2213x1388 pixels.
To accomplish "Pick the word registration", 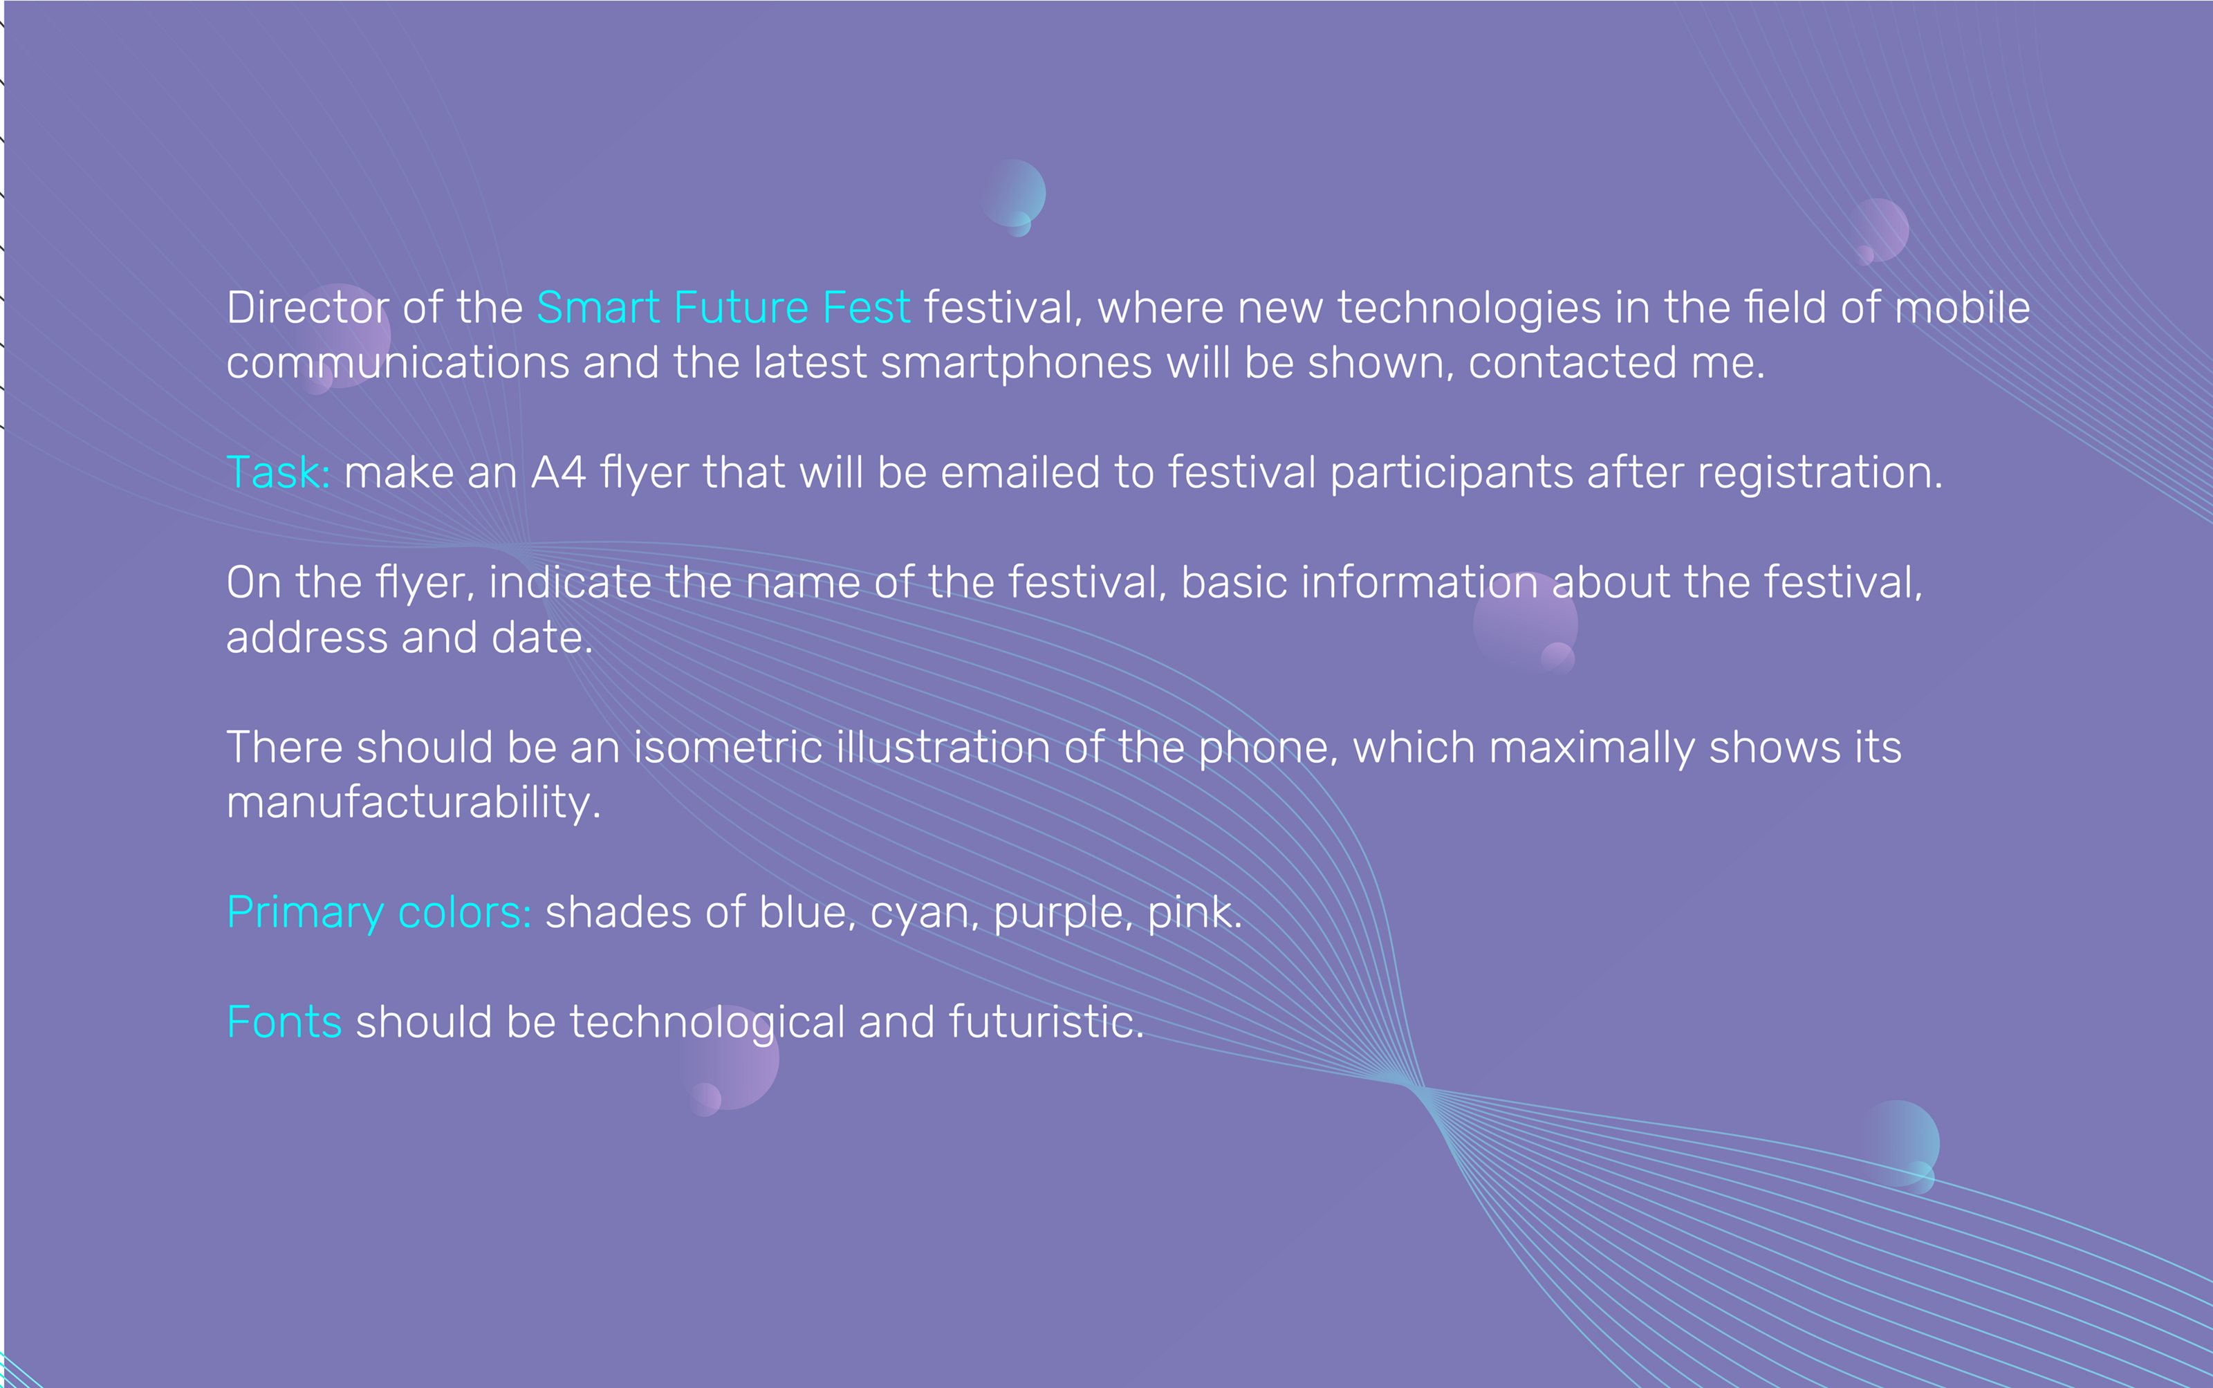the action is coord(1820,474).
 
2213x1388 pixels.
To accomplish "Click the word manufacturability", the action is coord(413,803).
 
